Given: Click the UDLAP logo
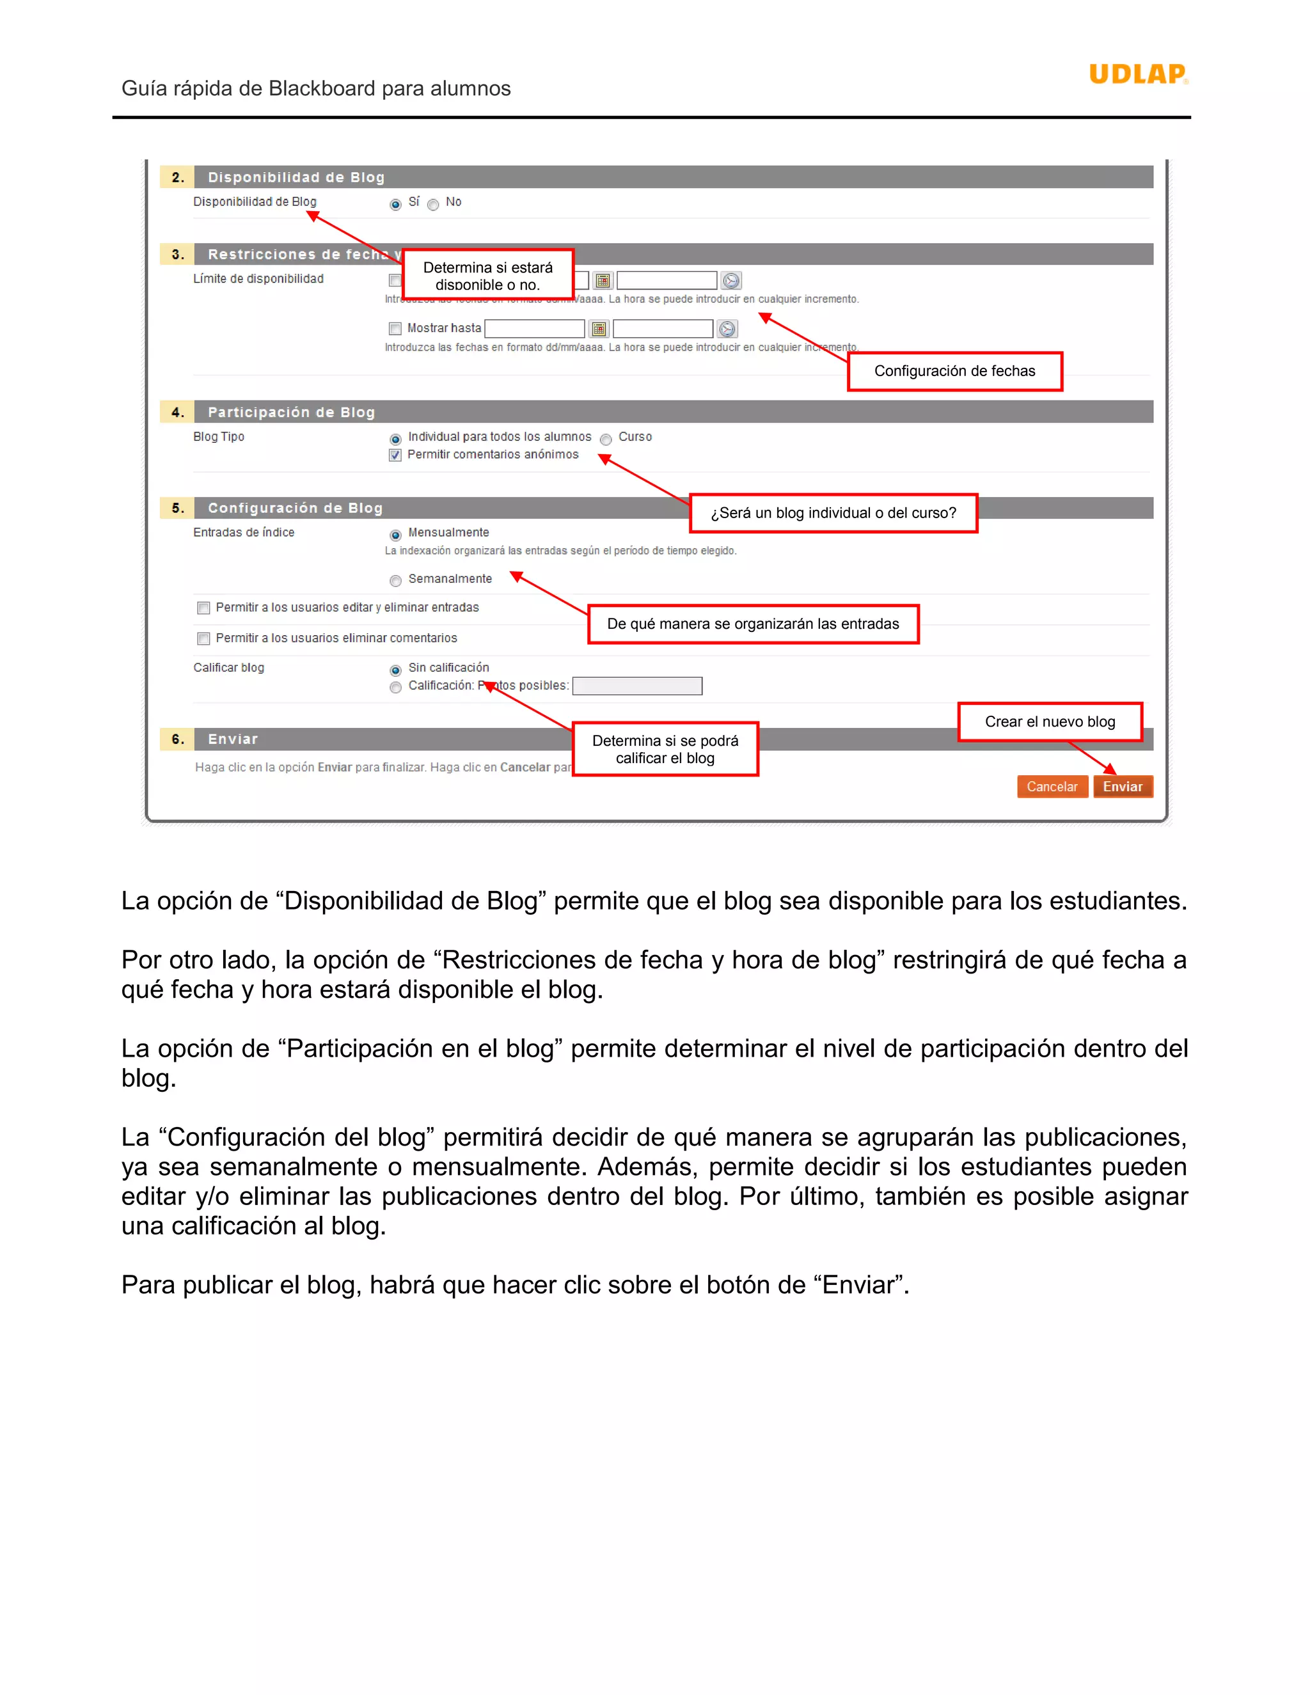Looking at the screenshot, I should [1138, 74].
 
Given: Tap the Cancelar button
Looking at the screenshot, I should [1052, 786].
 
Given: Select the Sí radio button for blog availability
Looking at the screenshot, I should [395, 204].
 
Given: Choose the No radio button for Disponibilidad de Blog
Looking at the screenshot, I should [433, 205].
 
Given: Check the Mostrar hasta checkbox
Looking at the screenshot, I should [395, 328].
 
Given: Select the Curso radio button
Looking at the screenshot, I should [606, 439].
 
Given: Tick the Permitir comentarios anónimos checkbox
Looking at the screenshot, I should [395, 455].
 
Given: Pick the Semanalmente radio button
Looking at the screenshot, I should [395, 581].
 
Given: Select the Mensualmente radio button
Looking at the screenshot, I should [395, 535].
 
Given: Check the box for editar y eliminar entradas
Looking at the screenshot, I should [203, 608].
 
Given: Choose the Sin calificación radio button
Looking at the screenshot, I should [395, 670].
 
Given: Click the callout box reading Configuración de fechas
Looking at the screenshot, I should [954, 371].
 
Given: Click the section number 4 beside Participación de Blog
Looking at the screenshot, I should [178, 412].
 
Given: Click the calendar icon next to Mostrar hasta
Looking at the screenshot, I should [598, 329].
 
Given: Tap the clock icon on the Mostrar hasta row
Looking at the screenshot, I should [727, 329].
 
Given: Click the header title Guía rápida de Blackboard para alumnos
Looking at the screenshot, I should [316, 88].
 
